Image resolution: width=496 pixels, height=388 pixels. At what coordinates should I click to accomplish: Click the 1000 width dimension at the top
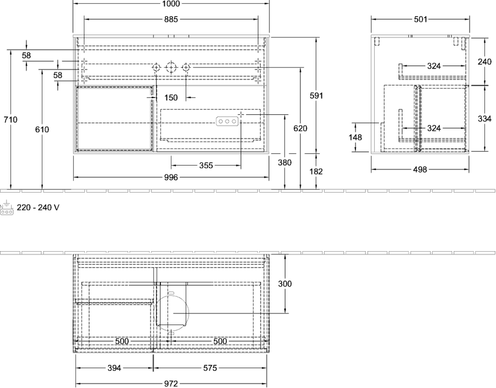click(x=171, y=3)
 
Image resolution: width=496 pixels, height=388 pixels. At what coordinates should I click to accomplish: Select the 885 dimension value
click(x=171, y=19)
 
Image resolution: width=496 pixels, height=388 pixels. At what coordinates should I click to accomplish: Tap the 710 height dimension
click(x=10, y=120)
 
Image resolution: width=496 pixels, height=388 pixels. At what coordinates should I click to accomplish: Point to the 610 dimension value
click(x=42, y=129)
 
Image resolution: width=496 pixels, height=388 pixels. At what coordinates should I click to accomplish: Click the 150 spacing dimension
click(x=171, y=98)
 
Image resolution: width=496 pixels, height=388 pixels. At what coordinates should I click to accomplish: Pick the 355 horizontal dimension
click(x=206, y=166)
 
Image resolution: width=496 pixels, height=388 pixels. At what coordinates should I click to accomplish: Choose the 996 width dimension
click(x=171, y=177)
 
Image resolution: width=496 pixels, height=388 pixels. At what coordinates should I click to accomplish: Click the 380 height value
click(x=285, y=162)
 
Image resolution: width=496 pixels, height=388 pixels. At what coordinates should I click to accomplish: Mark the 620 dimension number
click(x=300, y=128)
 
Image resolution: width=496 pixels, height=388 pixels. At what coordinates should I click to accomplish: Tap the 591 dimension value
click(x=316, y=95)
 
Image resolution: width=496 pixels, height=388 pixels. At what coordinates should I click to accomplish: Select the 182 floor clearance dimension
click(x=316, y=171)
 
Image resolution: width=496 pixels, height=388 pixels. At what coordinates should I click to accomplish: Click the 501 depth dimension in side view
click(x=420, y=19)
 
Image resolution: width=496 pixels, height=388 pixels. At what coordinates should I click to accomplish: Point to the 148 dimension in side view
click(x=355, y=137)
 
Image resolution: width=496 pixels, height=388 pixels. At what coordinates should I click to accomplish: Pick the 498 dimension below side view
click(x=420, y=169)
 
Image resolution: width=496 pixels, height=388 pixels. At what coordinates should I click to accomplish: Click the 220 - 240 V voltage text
click(x=38, y=208)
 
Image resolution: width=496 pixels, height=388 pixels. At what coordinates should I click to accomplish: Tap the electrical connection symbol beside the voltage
click(x=7, y=208)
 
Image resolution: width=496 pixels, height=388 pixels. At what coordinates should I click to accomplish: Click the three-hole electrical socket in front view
click(x=227, y=121)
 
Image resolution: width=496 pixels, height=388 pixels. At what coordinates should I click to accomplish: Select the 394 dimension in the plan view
click(x=114, y=368)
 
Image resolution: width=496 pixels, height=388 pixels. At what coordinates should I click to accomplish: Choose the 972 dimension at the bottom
click(x=171, y=384)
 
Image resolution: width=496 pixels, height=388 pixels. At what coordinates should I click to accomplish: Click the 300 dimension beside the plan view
click(x=285, y=284)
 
